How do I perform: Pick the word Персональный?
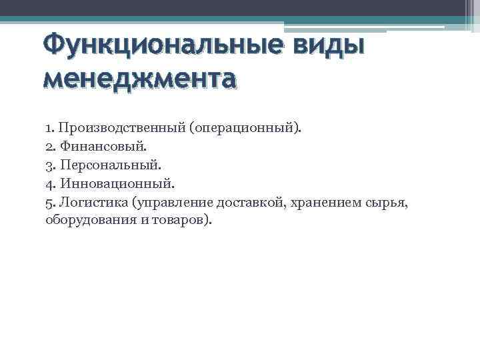click(x=100, y=164)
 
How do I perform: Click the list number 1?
click(x=49, y=127)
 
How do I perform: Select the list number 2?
click(x=49, y=145)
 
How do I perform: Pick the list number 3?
click(x=49, y=164)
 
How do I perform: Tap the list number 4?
click(x=49, y=182)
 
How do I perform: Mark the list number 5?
click(x=49, y=201)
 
